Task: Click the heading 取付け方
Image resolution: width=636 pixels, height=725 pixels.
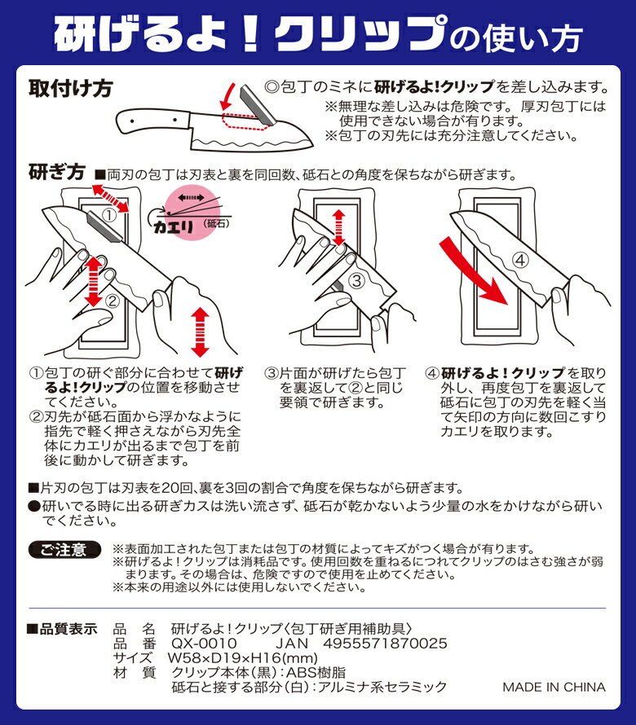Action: (70, 88)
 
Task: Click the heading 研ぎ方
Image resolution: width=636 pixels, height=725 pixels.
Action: (57, 172)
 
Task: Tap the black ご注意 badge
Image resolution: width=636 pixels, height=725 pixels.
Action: (64, 549)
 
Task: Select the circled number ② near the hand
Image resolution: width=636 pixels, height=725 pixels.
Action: (113, 302)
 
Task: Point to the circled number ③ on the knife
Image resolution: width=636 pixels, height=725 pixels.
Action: (356, 281)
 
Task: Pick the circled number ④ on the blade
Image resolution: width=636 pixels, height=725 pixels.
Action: (520, 260)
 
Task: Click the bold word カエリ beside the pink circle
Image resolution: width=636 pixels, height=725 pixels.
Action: (173, 226)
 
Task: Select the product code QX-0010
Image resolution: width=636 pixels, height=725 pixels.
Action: (204, 644)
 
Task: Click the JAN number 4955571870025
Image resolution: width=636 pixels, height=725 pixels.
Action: (385, 644)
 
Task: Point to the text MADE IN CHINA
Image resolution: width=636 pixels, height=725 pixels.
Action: (554, 687)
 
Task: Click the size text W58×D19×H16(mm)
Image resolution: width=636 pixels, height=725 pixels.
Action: (242, 657)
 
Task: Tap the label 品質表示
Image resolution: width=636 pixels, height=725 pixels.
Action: (63, 629)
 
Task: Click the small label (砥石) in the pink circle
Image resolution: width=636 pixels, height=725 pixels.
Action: (216, 224)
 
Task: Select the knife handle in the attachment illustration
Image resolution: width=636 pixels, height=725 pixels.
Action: (152, 121)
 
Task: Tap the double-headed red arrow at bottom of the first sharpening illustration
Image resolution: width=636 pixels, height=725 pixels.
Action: (200, 332)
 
